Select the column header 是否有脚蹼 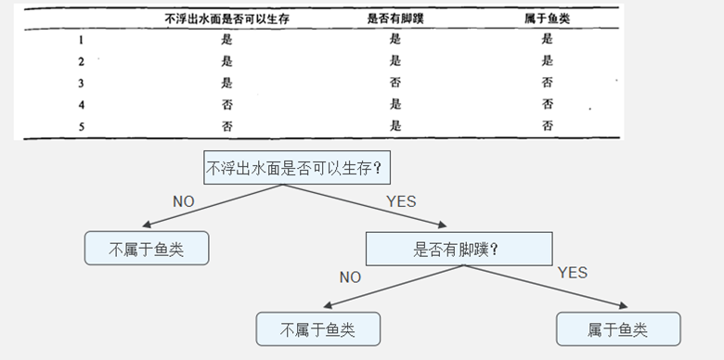pos(395,18)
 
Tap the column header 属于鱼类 pos(548,18)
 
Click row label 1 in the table pos(81,39)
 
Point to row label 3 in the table pos(81,83)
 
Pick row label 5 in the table pos(81,125)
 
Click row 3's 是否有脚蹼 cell pos(395,83)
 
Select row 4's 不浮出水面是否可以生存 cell pos(227,104)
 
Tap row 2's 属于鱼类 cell pos(548,61)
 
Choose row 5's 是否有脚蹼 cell pos(395,125)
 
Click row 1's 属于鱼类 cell pos(548,39)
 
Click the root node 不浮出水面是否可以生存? pos(295,169)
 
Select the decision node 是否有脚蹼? pos(459,249)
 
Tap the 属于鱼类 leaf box pos(617,329)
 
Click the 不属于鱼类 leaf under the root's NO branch pos(146,249)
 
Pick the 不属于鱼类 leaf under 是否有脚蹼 pos(318,329)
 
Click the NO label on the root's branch pos(185,201)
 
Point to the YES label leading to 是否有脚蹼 pos(400,201)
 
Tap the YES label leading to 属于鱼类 pos(572,273)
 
